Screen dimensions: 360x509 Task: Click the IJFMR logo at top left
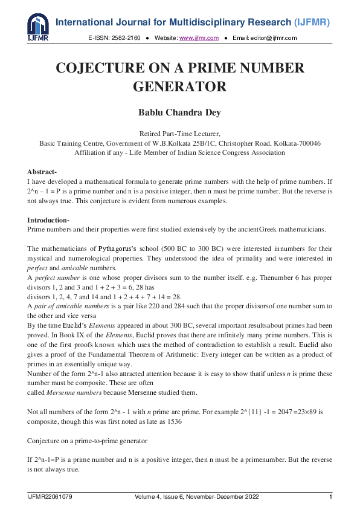[38, 27]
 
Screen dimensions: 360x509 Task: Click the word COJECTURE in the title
[112, 68]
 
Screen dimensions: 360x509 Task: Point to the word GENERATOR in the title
[179, 86]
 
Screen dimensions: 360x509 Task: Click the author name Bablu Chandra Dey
[179, 112]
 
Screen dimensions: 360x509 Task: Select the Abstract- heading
[42, 172]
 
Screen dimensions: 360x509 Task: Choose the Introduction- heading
[48, 220]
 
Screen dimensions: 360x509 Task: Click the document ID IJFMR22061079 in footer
[50, 497]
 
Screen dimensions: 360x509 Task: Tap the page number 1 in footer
[330, 497]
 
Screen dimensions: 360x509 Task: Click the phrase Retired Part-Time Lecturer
[179, 134]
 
